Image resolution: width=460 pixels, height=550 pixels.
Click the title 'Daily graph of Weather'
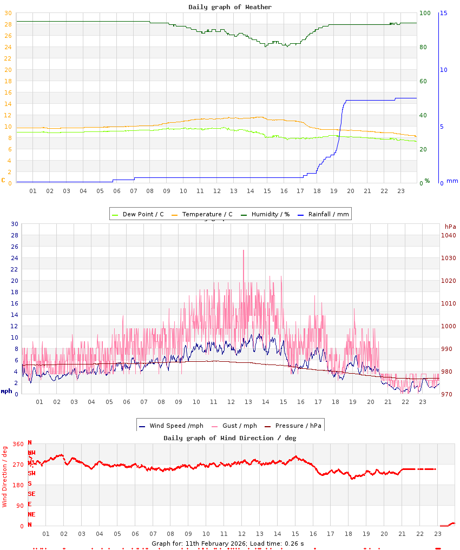[230, 7]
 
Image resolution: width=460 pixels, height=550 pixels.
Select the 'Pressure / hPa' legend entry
[298, 426]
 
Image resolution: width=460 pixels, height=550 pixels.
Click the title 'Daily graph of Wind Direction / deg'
[230, 438]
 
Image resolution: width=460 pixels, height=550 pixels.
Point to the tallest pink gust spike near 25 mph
[244, 251]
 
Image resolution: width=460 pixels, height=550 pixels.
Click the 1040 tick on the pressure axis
[449, 235]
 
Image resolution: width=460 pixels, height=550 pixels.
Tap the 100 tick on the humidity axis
[425, 13]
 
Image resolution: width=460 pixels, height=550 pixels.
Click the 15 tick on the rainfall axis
[444, 13]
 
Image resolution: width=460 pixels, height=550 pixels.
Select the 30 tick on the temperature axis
[8, 13]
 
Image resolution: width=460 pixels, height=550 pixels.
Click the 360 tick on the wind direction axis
[18, 444]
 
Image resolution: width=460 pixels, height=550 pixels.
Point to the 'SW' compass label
[32, 473]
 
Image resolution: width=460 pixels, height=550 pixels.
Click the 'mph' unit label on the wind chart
[6, 391]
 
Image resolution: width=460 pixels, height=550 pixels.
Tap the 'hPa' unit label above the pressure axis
[450, 226]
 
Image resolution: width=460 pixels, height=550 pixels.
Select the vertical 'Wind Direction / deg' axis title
[5, 476]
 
